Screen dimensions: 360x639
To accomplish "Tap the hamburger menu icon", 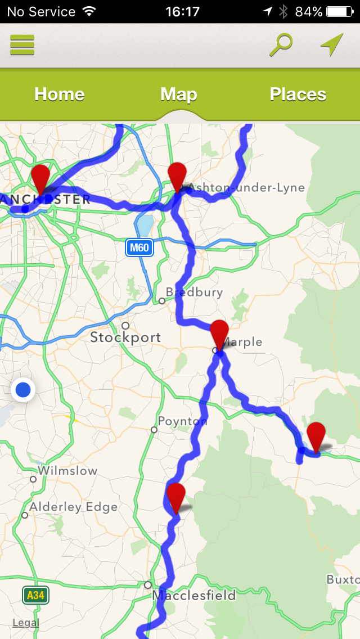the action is pos(22,45).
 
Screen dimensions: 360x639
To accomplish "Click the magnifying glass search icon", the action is pos(281,45).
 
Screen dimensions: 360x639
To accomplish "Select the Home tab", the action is pos(60,94).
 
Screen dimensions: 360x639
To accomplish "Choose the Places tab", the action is pos(298,94).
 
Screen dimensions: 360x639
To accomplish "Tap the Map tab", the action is pos(179,94).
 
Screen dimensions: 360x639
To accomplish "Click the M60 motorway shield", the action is pos(139,248).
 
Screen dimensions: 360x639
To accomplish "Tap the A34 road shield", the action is pos(35,595).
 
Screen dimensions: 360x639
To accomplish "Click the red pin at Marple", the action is pos(219,335).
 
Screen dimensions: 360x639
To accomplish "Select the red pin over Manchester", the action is pos(40,179).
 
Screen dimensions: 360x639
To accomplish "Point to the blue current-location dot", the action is pos(23,389).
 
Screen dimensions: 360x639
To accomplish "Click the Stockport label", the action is pos(125,337).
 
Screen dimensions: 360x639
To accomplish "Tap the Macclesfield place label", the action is pos(193,595).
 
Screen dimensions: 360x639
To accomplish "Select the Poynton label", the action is pos(182,421).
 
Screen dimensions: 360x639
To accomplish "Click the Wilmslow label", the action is pos(67,471).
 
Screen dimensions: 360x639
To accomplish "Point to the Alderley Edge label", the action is pos(73,507).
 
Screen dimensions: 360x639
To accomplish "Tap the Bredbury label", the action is pos(194,292).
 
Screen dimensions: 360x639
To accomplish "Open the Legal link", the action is pos(26,623).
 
